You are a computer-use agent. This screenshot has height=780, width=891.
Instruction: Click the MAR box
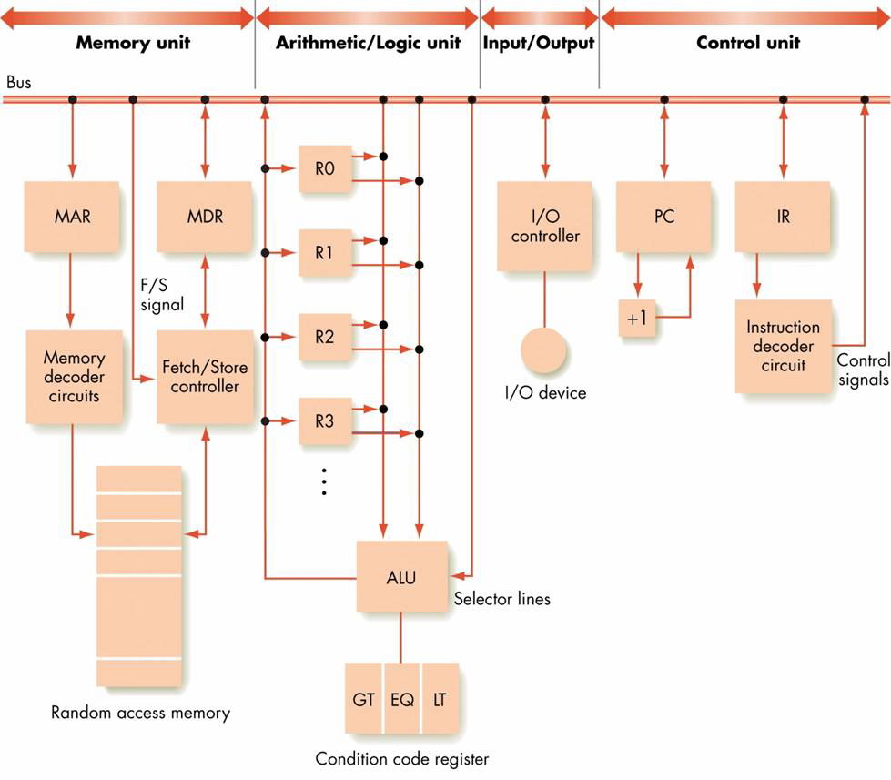[72, 218]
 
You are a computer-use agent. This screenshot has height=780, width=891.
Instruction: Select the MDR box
[205, 218]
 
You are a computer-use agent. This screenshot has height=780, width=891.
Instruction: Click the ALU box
[401, 576]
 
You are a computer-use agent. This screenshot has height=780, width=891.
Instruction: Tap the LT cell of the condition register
[440, 701]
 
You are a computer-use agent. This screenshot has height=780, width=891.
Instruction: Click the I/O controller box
[544, 226]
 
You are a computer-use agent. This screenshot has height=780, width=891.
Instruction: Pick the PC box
[663, 218]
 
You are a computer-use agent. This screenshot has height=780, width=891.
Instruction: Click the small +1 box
[637, 319]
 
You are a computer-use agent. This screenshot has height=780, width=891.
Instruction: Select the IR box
[783, 218]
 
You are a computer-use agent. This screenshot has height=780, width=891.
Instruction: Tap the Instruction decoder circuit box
[783, 346]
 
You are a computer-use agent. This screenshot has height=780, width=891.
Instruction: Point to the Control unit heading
[746, 43]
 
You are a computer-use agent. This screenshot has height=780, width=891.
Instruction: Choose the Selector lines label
[502, 599]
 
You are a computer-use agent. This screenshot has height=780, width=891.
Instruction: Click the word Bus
[18, 82]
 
